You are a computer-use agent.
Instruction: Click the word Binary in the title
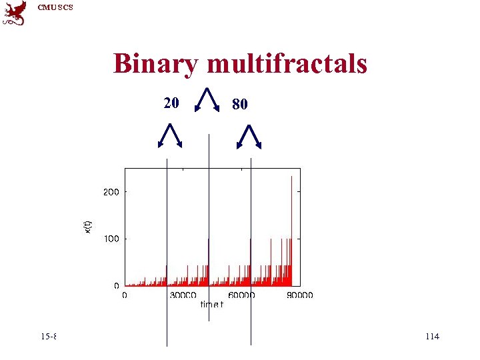click(x=156, y=64)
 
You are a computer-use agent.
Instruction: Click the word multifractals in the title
click(x=287, y=64)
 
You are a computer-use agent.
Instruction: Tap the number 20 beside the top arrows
click(x=171, y=103)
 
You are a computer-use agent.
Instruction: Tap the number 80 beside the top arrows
click(x=240, y=104)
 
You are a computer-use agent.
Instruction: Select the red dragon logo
click(x=15, y=13)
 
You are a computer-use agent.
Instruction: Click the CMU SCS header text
click(x=55, y=7)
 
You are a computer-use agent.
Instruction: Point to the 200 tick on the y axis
click(x=111, y=192)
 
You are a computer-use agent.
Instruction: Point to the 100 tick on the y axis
click(x=111, y=239)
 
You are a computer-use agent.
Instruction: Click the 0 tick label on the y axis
click(x=117, y=285)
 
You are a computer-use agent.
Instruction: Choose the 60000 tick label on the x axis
click(x=241, y=295)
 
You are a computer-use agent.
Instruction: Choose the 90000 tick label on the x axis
click(x=300, y=295)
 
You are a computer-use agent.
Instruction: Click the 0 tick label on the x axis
click(x=125, y=295)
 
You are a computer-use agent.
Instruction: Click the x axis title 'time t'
click(x=212, y=305)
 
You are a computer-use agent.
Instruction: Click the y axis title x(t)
click(x=88, y=227)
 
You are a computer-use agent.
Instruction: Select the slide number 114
click(x=432, y=337)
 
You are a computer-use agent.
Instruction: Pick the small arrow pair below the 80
click(x=250, y=136)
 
